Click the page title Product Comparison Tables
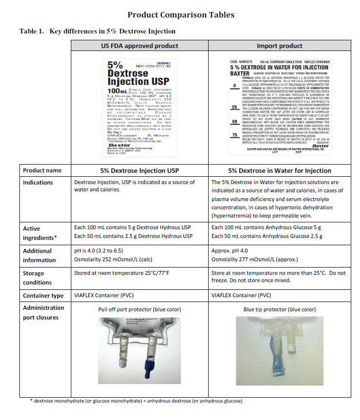click(180, 15)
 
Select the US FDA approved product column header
click(140, 46)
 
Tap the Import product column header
click(279, 46)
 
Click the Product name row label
click(42, 170)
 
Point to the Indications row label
click(38, 183)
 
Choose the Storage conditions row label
click(37, 278)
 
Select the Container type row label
click(43, 295)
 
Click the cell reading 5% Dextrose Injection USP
click(140, 170)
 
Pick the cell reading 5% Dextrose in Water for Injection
click(279, 170)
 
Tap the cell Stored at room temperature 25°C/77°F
click(122, 273)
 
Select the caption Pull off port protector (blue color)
click(140, 309)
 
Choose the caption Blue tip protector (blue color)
click(279, 309)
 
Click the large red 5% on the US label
click(115, 65)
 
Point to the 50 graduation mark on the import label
click(235, 121)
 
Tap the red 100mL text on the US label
click(116, 91)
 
